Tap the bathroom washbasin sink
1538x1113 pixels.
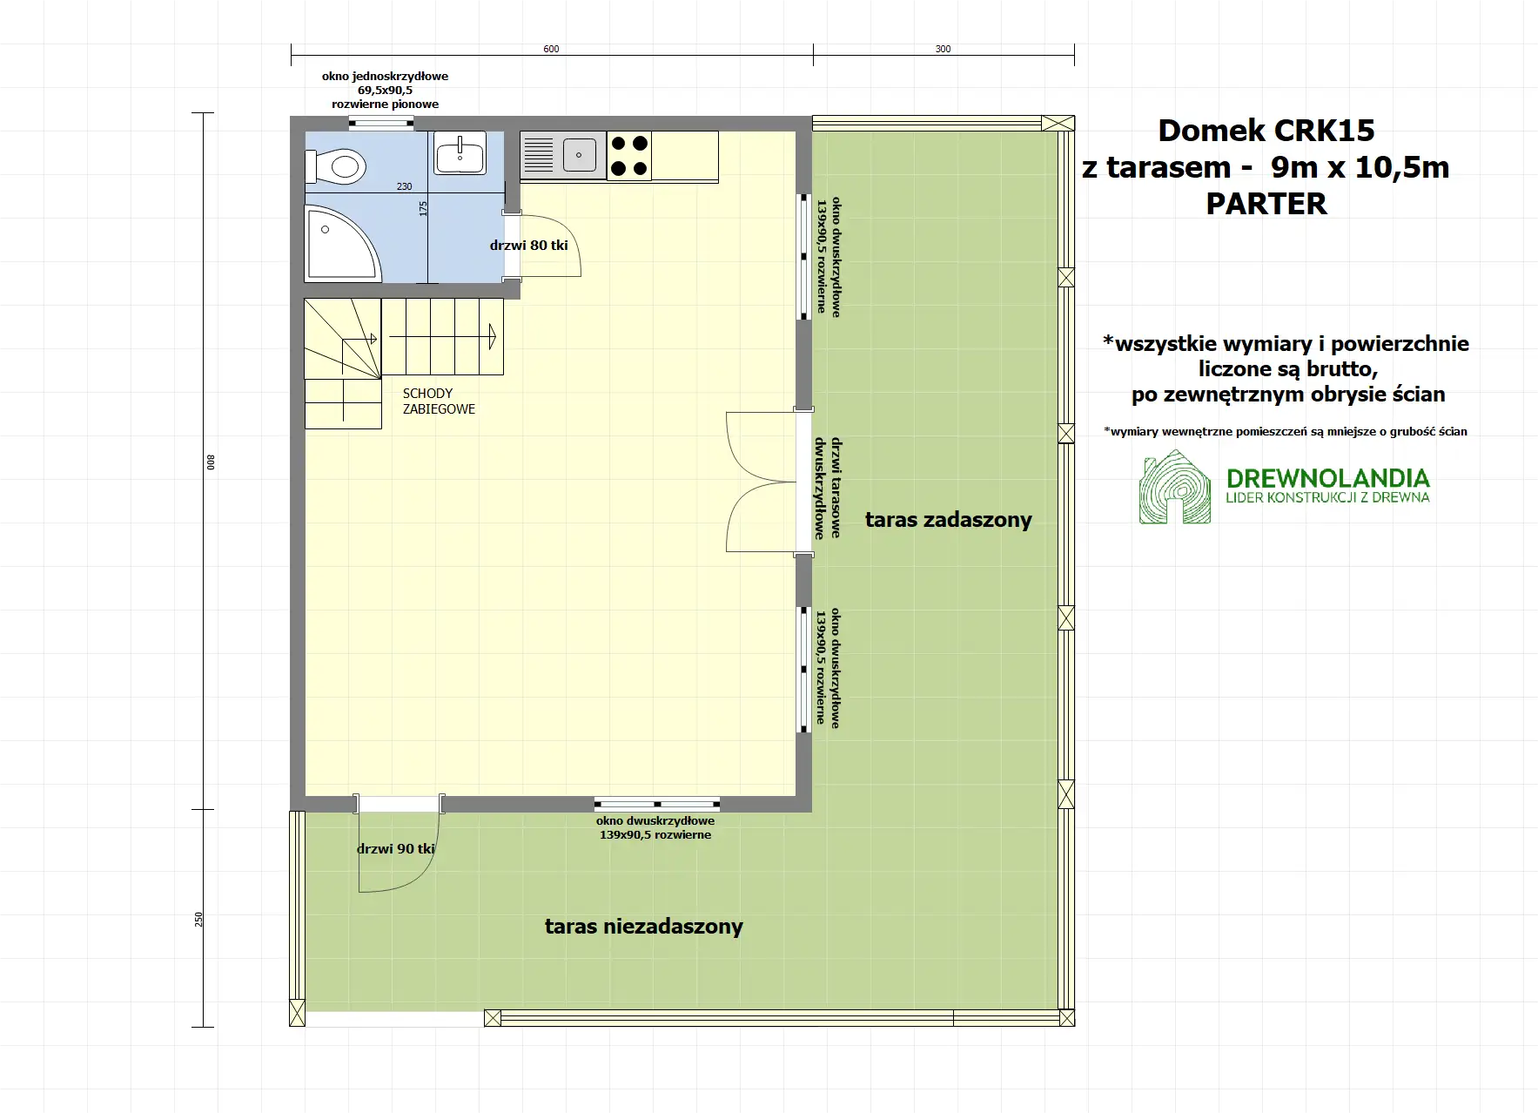click(460, 155)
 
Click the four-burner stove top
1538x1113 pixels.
click(628, 155)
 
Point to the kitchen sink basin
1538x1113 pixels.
click(579, 156)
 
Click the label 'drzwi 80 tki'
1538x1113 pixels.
click(528, 246)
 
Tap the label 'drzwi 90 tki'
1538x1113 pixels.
click(396, 849)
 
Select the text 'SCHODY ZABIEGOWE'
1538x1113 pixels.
click(438, 401)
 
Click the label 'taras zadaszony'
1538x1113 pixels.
click(948, 520)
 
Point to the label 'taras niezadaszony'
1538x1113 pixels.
click(643, 927)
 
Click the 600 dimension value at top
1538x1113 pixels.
click(551, 49)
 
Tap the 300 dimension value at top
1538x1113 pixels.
click(943, 49)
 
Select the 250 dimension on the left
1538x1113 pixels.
click(198, 919)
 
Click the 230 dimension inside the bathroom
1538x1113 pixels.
click(405, 186)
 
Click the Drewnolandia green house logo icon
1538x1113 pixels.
click(1174, 488)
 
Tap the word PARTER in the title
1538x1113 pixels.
click(1266, 204)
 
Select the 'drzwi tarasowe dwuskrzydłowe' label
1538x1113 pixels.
click(828, 488)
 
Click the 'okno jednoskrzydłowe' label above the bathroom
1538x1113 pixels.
click(385, 77)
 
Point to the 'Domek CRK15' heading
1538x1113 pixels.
click(1266, 131)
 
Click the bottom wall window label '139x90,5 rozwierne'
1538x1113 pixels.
click(655, 835)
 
